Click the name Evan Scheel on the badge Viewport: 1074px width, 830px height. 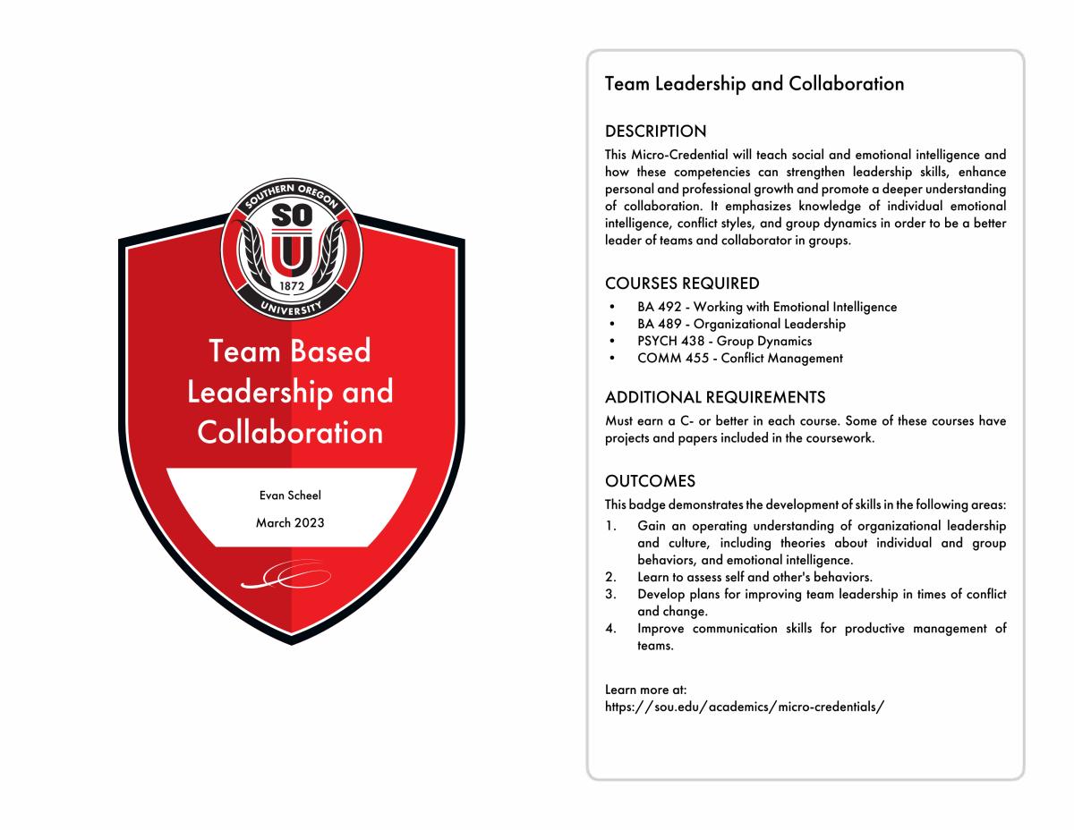[290, 495]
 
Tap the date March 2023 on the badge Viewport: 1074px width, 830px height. [290, 523]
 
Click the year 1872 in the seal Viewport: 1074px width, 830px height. [292, 287]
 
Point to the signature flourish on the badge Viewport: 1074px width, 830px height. [286, 577]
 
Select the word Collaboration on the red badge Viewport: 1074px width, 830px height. [290, 433]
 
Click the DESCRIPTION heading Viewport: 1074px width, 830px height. [655, 131]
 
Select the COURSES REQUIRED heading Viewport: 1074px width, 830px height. [682, 284]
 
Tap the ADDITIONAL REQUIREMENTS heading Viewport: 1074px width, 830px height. [715, 397]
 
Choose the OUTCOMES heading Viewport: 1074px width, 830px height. [650, 481]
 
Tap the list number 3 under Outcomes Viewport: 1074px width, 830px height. [609, 594]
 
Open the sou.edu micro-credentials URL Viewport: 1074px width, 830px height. [745, 707]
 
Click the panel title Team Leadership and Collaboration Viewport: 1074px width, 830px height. [754, 84]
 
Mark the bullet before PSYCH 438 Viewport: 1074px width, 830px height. [611, 342]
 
